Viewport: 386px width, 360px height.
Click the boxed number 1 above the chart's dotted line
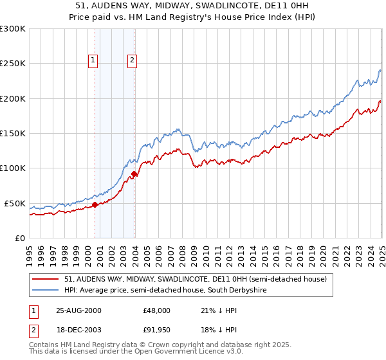tap(93, 61)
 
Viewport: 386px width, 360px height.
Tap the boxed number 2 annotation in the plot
tap(132, 61)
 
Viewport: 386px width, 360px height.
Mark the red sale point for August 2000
tap(95, 204)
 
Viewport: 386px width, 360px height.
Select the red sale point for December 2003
tap(134, 174)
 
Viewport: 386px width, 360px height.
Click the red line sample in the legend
tap(46, 279)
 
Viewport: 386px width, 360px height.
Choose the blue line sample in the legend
tap(46, 291)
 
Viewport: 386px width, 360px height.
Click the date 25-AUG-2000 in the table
tap(79, 310)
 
